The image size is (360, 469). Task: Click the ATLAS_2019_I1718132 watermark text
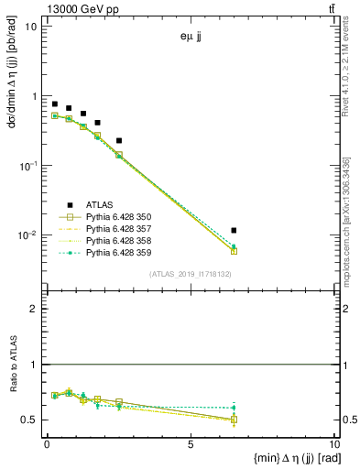tap(191, 273)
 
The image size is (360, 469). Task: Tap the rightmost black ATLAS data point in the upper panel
tap(235, 231)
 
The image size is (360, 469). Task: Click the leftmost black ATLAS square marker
tap(55, 104)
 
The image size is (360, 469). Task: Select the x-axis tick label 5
tap(190, 445)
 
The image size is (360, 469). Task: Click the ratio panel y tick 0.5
tap(32, 420)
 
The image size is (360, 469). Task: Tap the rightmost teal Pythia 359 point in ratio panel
tap(235, 408)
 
